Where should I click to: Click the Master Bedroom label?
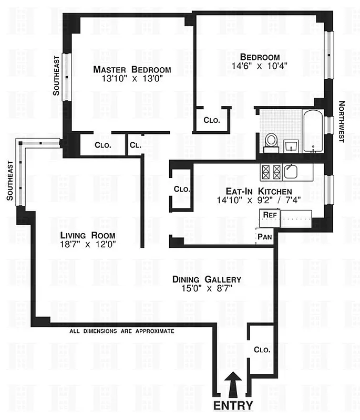[132, 70]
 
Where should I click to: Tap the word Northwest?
[341, 122]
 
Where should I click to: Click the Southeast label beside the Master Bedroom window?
[56, 76]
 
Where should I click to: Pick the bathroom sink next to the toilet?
[290, 145]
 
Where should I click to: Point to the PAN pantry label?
[265, 237]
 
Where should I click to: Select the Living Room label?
[87, 235]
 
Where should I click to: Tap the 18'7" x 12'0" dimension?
[87, 244]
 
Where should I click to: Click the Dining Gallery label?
[207, 279]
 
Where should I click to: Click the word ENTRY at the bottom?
[233, 405]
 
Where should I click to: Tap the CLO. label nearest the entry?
[262, 350]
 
